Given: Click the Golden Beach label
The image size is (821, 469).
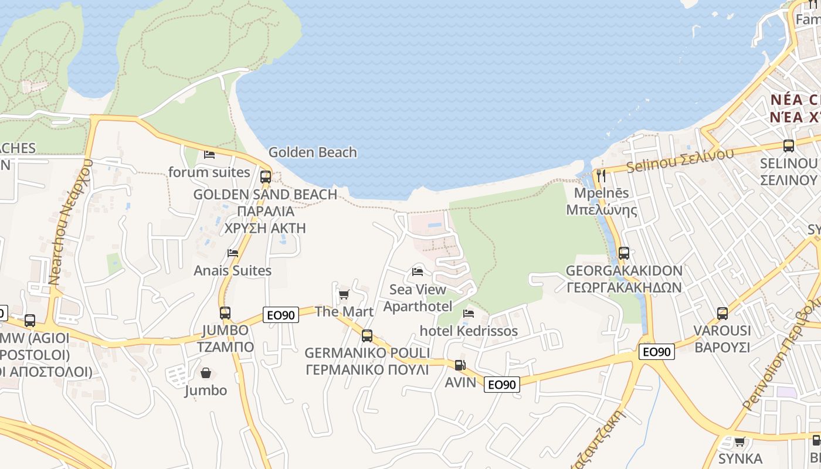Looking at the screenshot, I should (x=313, y=152).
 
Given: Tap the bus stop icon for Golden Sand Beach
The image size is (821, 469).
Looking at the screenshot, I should (x=266, y=176).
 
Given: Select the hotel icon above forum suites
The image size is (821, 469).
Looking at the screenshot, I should (x=209, y=155).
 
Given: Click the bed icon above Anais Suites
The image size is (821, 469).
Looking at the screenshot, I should (x=233, y=253).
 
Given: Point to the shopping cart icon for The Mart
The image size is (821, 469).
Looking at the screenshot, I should (x=344, y=294).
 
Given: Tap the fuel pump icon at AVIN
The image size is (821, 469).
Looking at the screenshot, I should (x=460, y=365).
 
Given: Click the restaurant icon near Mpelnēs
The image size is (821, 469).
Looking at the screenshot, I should (x=601, y=175).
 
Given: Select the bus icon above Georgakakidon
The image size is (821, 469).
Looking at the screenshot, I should (x=624, y=253).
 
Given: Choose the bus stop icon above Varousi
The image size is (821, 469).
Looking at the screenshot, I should (x=722, y=314).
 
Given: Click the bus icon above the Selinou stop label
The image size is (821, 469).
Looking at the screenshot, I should (x=789, y=146).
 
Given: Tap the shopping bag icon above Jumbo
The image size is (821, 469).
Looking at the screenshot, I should (x=206, y=373).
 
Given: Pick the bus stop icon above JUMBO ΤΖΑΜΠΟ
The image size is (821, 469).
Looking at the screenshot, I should (x=225, y=313).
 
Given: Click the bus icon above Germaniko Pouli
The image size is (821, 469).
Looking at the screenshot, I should (x=367, y=336).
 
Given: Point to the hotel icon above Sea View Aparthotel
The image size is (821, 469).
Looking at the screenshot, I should (x=418, y=272).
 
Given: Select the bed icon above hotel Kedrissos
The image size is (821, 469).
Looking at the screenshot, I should (x=469, y=314).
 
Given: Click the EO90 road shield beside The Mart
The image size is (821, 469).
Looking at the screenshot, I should (x=280, y=315).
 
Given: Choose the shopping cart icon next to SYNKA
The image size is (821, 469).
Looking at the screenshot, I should (x=739, y=441).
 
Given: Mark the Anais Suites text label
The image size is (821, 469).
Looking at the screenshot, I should (x=233, y=271).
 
